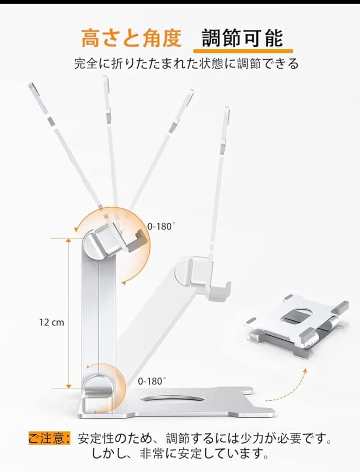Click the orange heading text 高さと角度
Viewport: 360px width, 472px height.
tap(131, 38)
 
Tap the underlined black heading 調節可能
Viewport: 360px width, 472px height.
tap(242, 38)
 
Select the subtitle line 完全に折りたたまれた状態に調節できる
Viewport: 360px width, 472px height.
tap(186, 64)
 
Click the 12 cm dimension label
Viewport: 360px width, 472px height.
tap(51, 323)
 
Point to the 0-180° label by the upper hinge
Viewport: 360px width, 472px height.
tap(161, 226)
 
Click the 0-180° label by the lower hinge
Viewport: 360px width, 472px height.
tap(152, 381)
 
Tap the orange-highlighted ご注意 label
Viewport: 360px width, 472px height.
tap(49, 438)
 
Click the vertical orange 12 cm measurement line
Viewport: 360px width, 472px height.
tap(68, 313)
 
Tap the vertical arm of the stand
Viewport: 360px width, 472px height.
tap(99, 315)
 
